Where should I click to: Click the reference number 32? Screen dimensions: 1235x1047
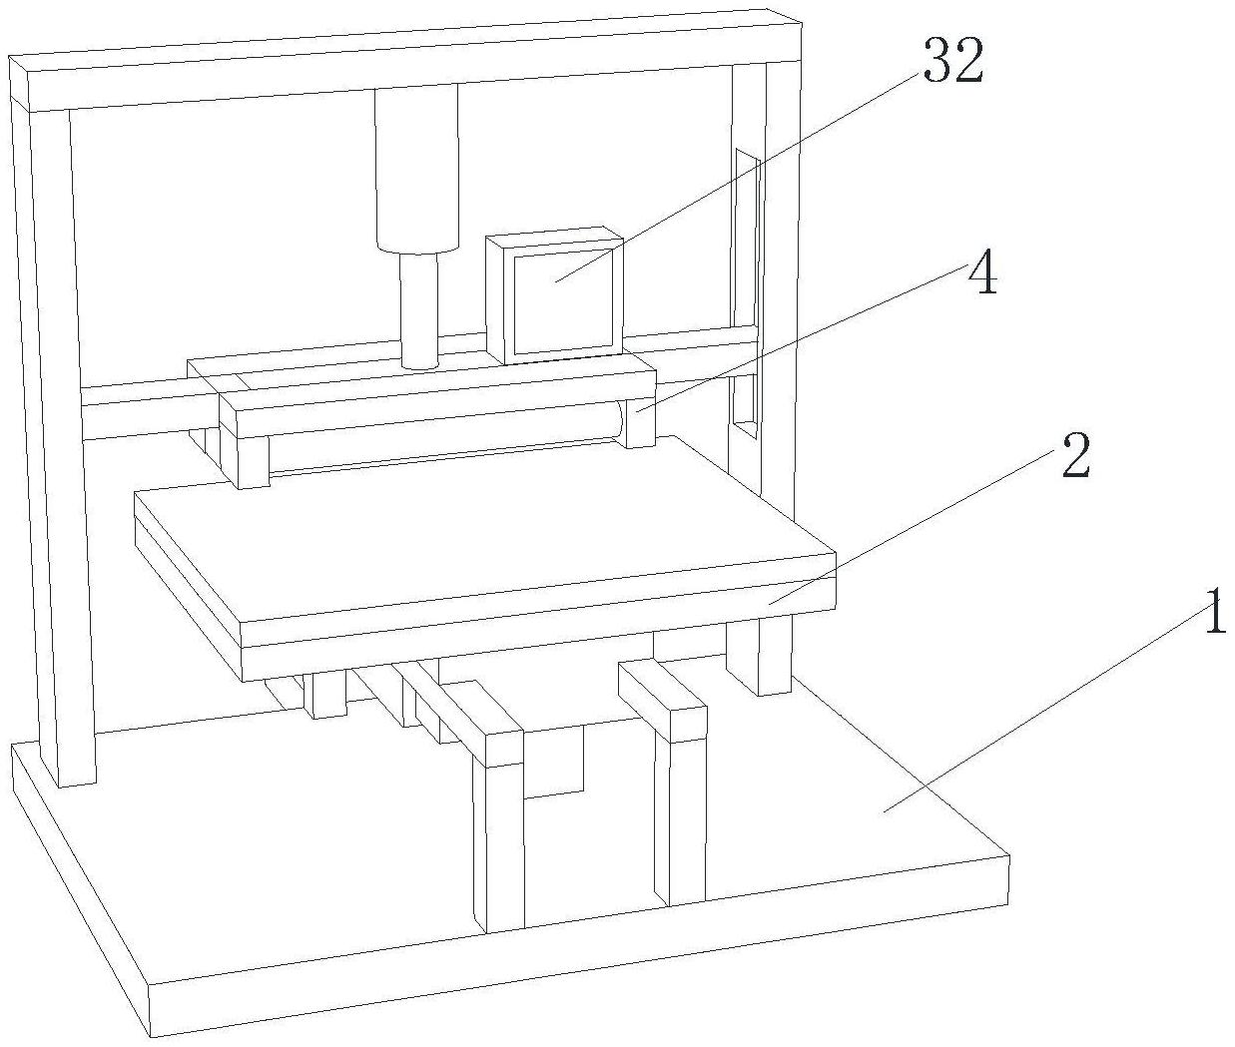[x=952, y=63]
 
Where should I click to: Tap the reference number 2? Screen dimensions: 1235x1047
[x=1073, y=458]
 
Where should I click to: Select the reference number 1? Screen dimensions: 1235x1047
[x=1213, y=612]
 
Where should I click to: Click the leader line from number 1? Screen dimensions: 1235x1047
[x=1048, y=709]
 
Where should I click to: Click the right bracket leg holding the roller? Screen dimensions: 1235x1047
[x=640, y=419]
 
